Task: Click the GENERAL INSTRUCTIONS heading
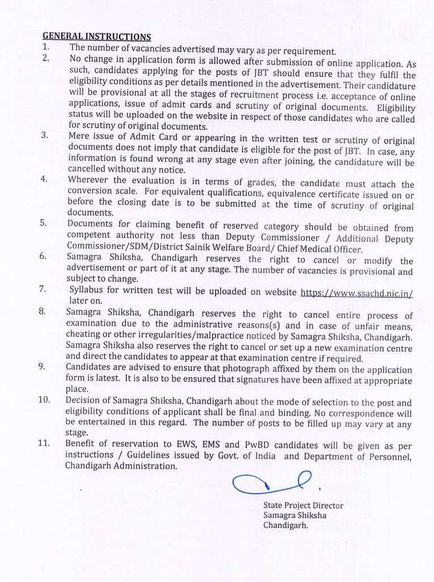[x=96, y=37]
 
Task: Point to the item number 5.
[x=43, y=223]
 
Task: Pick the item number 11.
[x=44, y=443]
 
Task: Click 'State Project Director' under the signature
[x=303, y=505]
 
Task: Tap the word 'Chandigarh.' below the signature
[x=285, y=526]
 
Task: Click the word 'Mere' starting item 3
[x=78, y=136]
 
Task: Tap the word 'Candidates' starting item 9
[x=89, y=367]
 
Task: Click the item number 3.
[x=44, y=135]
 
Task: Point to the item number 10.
[x=44, y=400]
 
